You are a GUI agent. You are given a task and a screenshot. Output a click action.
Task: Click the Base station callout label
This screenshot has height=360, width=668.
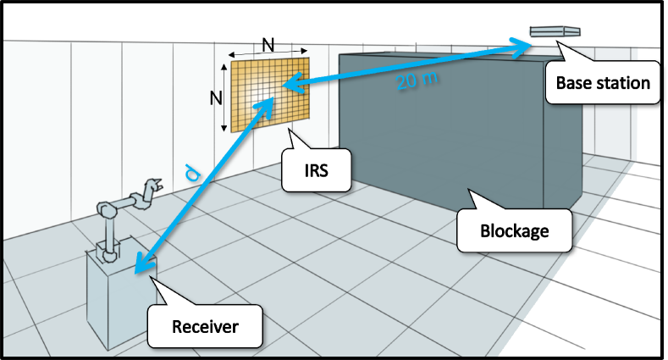[603, 82]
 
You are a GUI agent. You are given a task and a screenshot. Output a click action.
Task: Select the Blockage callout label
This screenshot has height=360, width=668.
[515, 229]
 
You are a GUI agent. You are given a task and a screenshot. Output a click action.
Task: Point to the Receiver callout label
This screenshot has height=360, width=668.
[204, 326]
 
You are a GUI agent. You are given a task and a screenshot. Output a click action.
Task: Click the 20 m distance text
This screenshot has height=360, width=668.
[418, 82]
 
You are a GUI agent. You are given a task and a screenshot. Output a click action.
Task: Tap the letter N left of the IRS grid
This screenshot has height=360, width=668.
[215, 97]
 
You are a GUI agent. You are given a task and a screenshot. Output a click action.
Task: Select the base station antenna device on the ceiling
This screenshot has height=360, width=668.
[555, 32]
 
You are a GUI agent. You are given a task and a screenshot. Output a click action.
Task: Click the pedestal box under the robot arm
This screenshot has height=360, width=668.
[116, 300]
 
